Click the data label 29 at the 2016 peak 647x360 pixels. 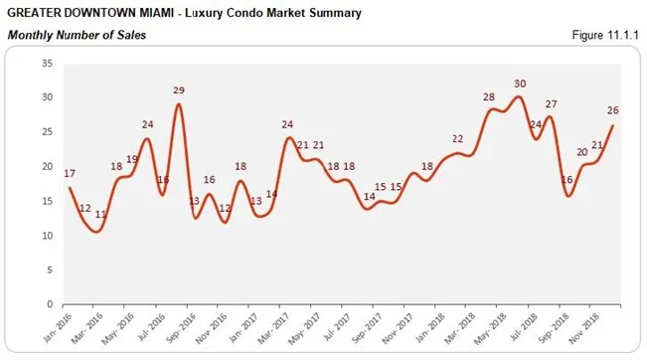point(179,90)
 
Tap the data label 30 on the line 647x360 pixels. point(519,84)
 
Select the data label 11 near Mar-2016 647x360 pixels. point(100,214)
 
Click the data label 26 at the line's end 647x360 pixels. point(614,110)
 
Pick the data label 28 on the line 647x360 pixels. point(488,96)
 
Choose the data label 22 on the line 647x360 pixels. point(457,138)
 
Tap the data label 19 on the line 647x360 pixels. point(132,159)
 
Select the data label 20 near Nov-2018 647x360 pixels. point(583,152)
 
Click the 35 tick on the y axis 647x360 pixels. point(47,63)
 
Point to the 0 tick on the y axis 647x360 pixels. point(50,304)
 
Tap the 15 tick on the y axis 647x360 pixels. point(47,201)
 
